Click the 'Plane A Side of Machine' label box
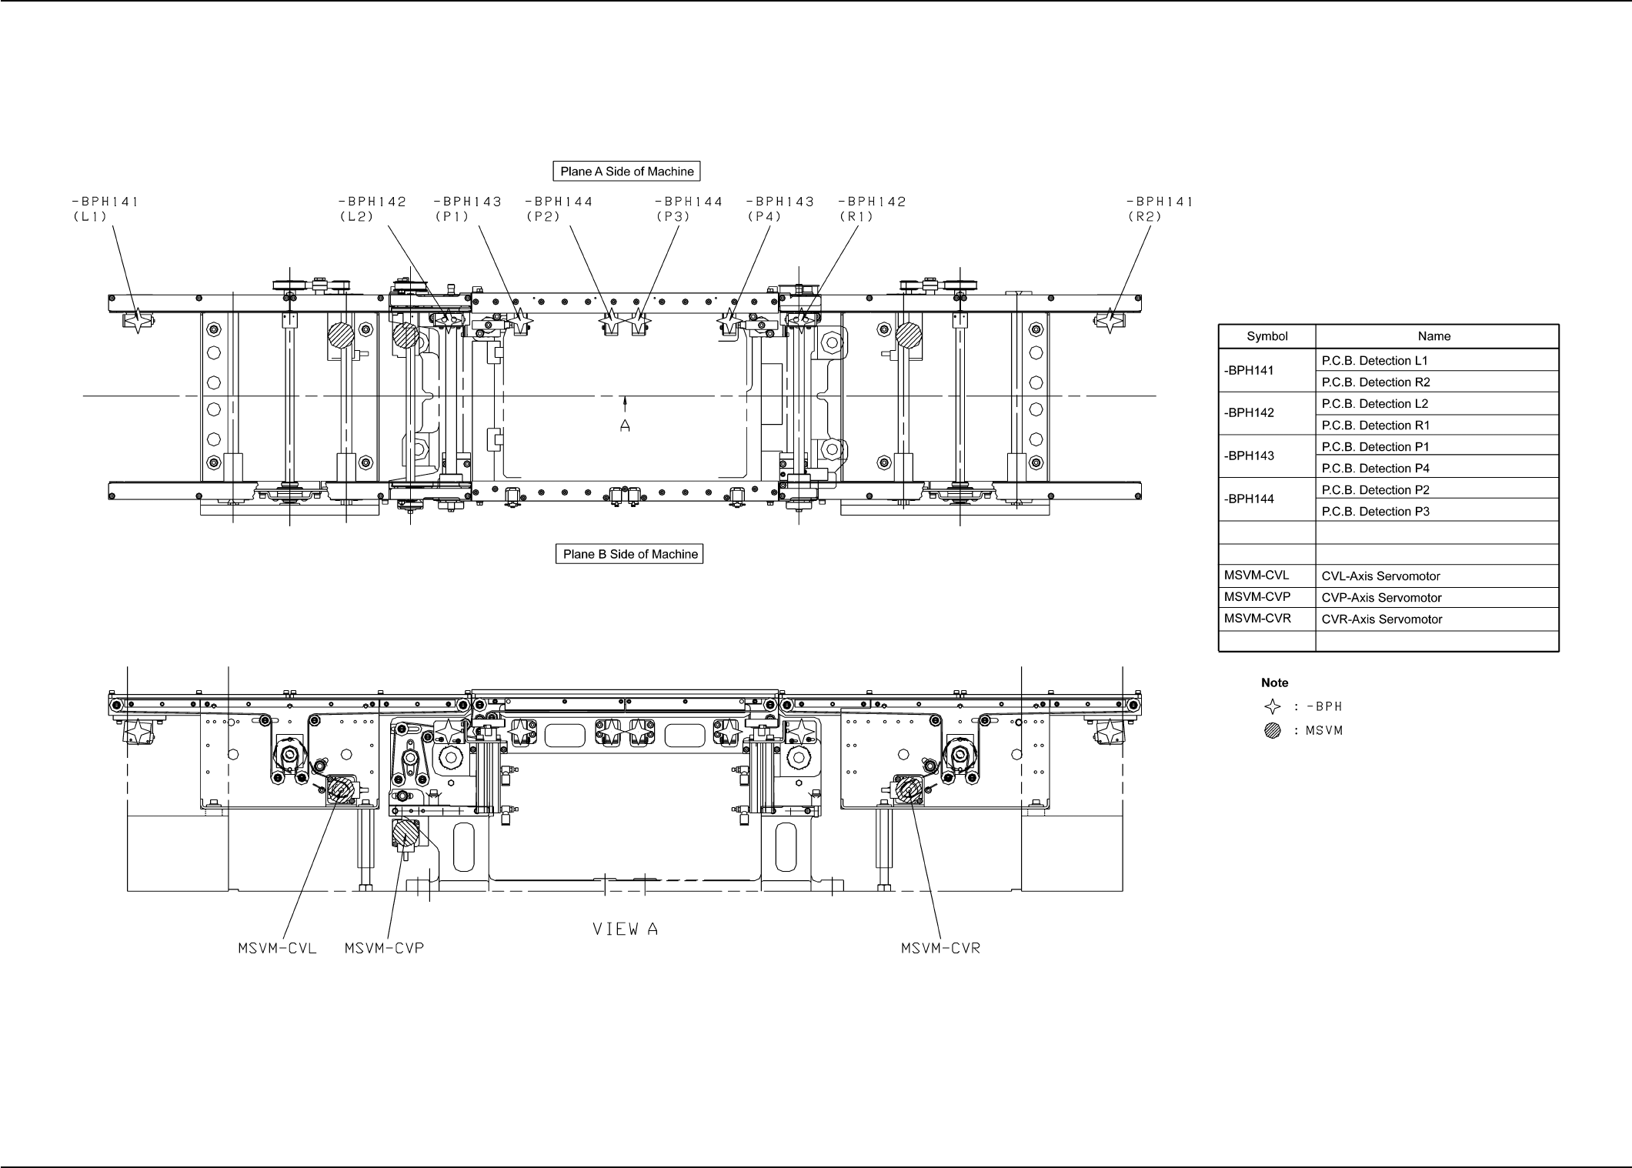626,171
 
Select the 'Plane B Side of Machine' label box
629,554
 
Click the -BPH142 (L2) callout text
372,209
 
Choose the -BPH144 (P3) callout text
689,209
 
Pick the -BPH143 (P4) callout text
780,209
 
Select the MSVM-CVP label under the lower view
385,948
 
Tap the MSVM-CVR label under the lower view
941,948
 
